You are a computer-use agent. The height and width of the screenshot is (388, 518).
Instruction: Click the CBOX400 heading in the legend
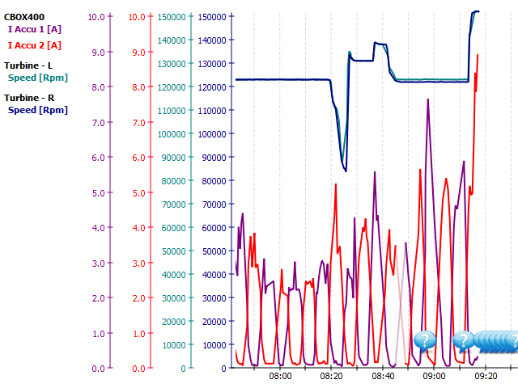[x=23, y=16]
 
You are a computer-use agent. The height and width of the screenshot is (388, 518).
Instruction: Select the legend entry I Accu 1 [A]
[x=35, y=29]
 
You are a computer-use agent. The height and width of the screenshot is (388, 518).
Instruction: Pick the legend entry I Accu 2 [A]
[x=35, y=45]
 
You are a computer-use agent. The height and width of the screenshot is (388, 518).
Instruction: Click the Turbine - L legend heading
[x=28, y=65]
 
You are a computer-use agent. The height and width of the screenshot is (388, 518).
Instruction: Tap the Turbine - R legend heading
[x=28, y=97]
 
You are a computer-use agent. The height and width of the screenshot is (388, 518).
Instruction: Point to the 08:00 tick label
[x=280, y=376]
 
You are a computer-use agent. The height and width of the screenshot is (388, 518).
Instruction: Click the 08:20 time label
[x=331, y=376]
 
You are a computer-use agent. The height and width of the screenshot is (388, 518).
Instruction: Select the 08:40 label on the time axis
[x=383, y=376]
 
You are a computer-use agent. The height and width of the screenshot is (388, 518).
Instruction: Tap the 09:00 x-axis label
[x=434, y=376]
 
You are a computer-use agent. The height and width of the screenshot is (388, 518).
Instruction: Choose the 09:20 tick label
[x=486, y=376]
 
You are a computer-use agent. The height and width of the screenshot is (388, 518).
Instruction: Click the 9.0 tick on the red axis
[x=137, y=53]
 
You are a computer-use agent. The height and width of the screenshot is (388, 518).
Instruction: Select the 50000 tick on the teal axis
[x=174, y=251]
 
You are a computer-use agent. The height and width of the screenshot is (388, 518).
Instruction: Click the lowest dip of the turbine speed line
[x=346, y=171]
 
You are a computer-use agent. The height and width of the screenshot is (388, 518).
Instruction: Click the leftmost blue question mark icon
[x=425, y=340]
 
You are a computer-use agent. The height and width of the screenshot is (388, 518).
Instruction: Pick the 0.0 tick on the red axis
[x=137, y=369]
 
